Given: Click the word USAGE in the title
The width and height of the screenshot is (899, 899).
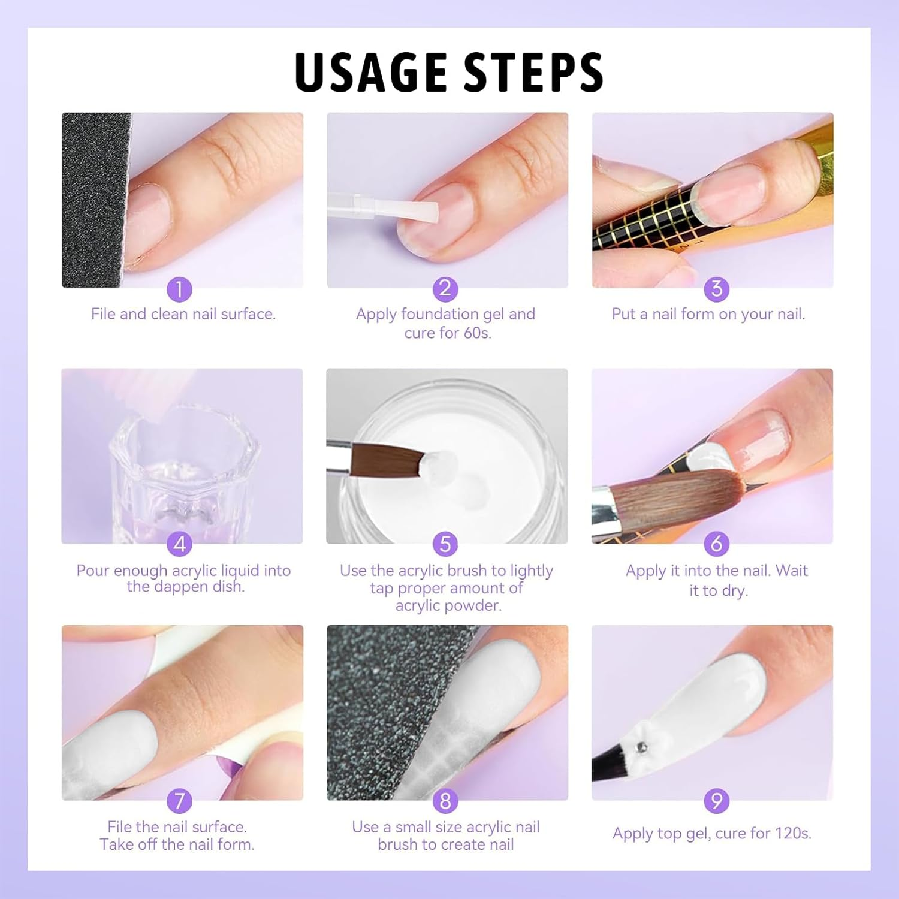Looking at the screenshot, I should tap(371, 72).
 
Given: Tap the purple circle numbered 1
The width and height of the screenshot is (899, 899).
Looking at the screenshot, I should tap(179, 289).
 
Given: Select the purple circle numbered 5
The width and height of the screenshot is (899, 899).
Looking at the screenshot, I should tap(445, 544).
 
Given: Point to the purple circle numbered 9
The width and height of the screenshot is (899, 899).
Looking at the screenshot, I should tap(717, 801).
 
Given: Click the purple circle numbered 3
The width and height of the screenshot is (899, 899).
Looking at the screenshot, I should tap(717, 289).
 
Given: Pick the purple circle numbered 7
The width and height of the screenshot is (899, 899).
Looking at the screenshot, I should tap(179, 801).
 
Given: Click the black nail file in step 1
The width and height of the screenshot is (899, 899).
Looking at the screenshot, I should tap(93, 198).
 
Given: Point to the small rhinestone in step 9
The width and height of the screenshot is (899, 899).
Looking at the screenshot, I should tap(642, 747).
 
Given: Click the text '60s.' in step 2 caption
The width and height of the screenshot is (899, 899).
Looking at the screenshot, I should tap(477, 333).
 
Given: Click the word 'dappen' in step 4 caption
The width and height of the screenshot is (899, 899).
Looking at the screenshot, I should tap(180, 587).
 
